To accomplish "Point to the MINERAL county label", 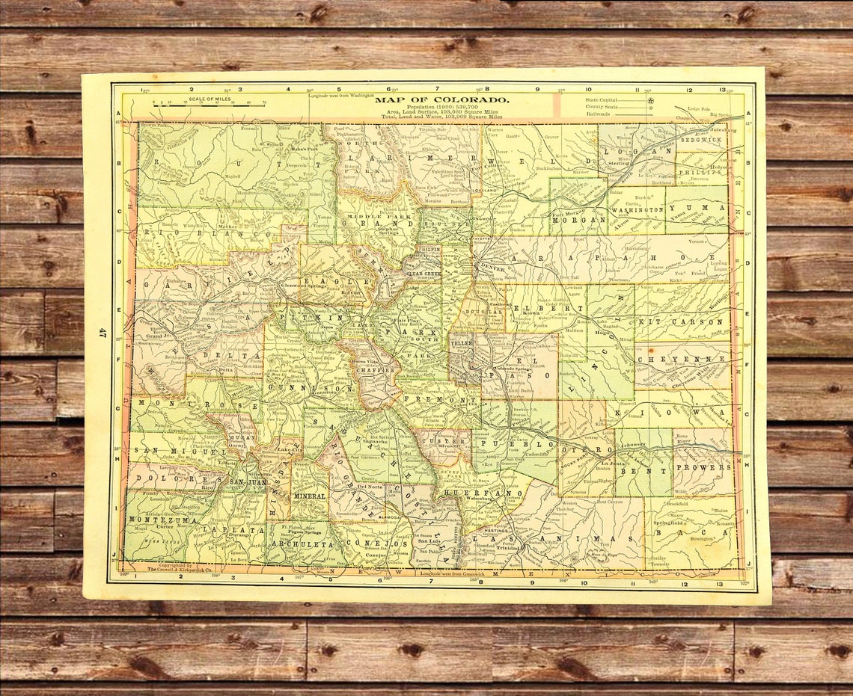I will (x=310, y=496).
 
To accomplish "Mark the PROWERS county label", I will (x=703, y=467).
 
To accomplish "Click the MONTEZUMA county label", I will (x=153, y=519).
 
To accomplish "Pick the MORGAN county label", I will (x=578, y=221).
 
